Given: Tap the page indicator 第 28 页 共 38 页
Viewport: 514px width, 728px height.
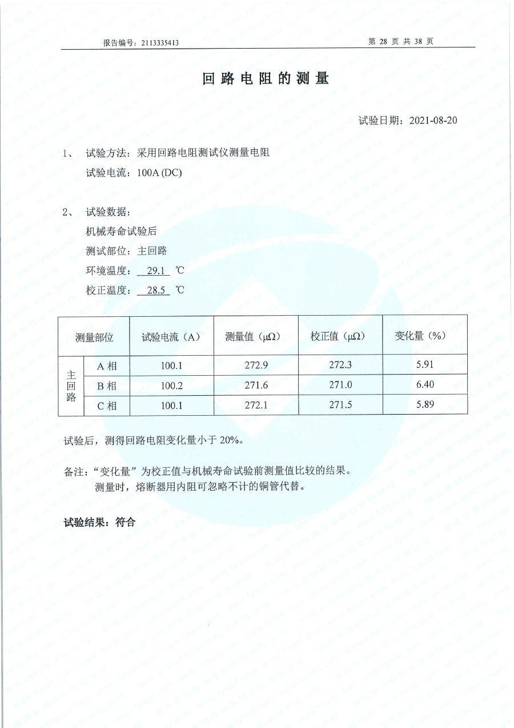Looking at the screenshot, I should point(401,42).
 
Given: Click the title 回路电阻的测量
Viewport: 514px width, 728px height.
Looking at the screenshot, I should point(266,79).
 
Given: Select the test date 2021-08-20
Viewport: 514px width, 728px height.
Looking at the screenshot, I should point(433,121).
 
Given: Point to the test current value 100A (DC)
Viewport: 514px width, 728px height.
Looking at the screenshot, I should point(159,173).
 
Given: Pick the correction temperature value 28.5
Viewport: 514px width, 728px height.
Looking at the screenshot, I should point(155,291).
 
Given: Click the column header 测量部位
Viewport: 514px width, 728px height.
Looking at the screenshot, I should point(94,337).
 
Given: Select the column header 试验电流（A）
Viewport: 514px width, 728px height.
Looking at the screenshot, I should point(171,337).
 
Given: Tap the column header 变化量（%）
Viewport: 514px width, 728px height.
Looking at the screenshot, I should point(420,336).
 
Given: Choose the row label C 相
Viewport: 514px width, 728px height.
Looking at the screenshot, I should point(107,405).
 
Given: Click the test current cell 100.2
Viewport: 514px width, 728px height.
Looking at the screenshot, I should point(171,386).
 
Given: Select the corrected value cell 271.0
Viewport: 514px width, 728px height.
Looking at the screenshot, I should point(340,385).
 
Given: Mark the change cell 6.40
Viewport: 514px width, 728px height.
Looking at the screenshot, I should point(425,385).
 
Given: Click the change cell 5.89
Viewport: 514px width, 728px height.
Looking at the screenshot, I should point(425,405).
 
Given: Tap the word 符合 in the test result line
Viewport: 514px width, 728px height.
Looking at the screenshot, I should point(125,522).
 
